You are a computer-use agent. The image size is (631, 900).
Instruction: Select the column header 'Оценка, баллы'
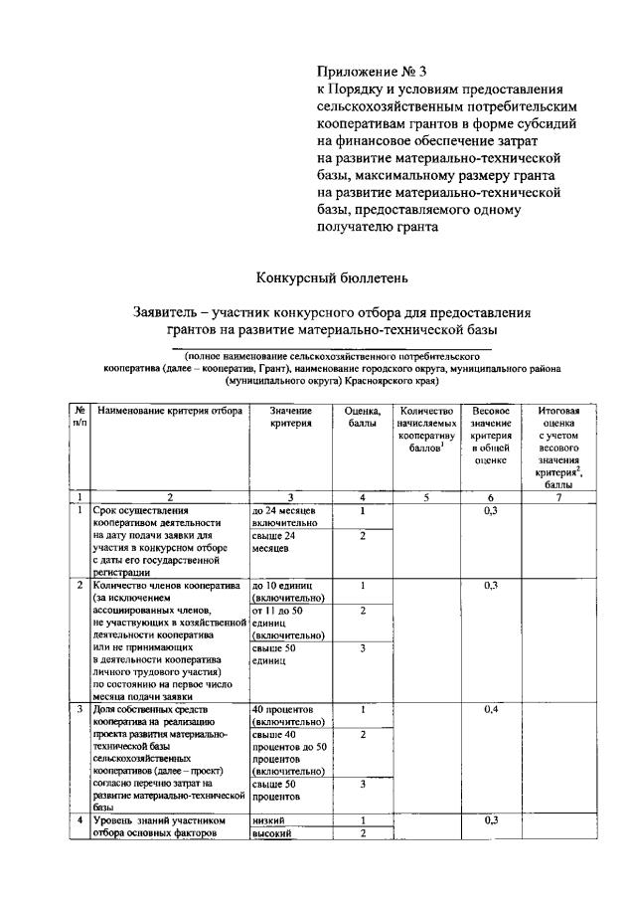point(362,417)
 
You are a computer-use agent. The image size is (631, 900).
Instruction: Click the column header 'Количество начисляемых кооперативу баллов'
point(424,430)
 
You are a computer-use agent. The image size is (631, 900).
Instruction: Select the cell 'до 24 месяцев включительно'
point(285,515)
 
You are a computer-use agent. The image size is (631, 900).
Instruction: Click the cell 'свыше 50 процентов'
point(277,791)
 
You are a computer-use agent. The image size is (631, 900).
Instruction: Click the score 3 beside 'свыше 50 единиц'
point(362,648)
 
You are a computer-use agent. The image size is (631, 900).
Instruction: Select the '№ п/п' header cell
point(79,417)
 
